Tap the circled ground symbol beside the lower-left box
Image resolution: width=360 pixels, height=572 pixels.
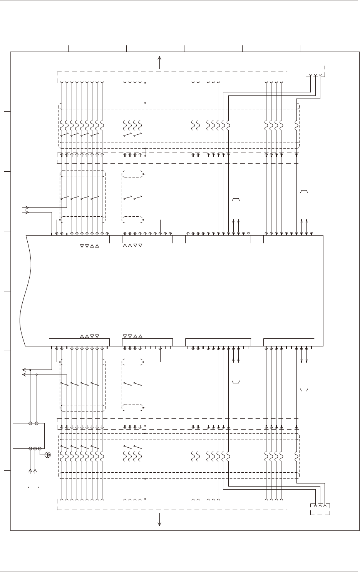point(48,455)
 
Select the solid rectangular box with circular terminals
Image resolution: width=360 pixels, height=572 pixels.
point(28,436)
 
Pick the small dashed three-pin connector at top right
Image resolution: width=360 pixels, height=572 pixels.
point(315,72)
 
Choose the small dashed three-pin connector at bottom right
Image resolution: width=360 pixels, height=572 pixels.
point(320,509)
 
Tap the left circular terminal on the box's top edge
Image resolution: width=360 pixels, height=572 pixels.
point(30,423)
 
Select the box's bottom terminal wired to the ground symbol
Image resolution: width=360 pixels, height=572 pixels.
point(40,448)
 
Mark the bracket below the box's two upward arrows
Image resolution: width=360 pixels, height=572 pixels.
point(33,488)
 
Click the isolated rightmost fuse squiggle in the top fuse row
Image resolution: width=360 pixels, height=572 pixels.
point(296,125)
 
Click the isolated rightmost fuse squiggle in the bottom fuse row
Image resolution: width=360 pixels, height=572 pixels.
point(296,456)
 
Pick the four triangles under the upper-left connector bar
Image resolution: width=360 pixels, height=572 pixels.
point(89,246)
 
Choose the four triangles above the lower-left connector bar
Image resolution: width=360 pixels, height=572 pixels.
point(89,336)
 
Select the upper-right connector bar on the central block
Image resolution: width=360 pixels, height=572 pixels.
point(288,239)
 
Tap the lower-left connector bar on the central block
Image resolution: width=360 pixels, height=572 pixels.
point(79,342)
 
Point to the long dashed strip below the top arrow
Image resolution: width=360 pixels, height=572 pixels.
point(172,77)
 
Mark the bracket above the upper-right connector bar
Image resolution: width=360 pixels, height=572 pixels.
point(304,192)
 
